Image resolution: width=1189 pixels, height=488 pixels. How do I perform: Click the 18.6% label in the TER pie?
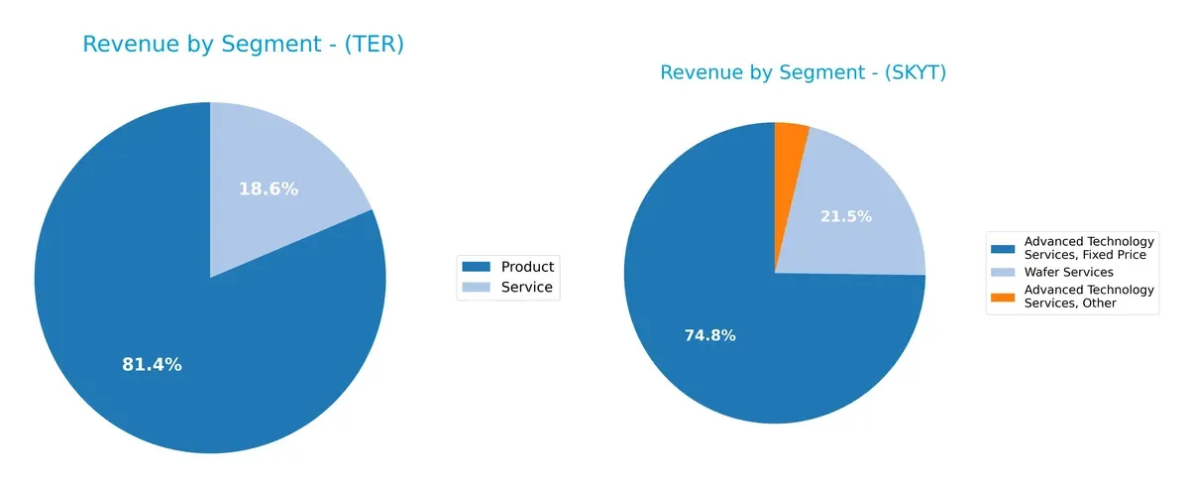click(269, 188)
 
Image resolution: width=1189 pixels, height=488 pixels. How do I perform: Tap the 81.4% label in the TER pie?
click(152, 365)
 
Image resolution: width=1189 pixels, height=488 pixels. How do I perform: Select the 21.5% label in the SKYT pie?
click(846, 216)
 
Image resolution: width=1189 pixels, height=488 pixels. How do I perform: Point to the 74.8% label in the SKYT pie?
click(709, 335)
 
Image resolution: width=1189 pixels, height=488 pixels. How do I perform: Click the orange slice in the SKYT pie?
click(791, 139)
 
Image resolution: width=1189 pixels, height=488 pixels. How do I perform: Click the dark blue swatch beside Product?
click(477, 266)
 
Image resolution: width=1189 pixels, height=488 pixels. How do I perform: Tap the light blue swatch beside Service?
click(477, 289)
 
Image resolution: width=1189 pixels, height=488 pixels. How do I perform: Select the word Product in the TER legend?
click(527, 266)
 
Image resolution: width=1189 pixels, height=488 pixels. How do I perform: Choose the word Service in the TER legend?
click(526, 289)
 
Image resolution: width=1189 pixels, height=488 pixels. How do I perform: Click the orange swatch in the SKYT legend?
click(1002, 296)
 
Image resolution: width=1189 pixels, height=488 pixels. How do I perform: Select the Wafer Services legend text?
click(1068, 272)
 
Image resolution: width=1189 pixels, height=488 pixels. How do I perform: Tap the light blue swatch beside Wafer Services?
click(1002, 272)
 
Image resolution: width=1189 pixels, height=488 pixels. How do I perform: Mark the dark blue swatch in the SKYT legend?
click(1002, 248)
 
